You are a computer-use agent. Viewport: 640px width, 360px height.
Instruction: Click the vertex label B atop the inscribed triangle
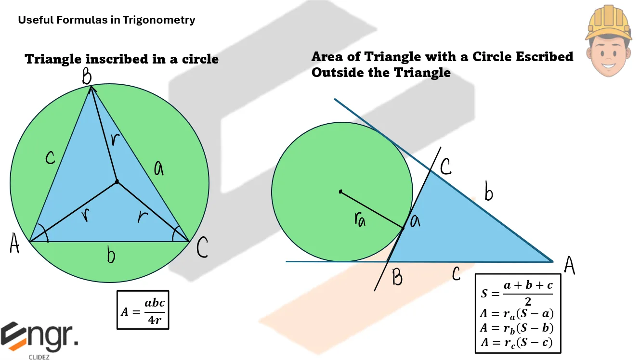(x=87, y=76)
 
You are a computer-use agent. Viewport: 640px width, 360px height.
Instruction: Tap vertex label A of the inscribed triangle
(x=15, y=243)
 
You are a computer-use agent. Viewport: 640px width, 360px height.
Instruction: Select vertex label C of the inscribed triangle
(x=202, y=247)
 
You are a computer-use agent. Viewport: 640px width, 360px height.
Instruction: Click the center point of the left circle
(x=117, y=181)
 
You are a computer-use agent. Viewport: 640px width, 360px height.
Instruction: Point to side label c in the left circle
(x=50, y=157)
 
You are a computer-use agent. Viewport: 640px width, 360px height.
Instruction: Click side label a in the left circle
(x=158, y=168)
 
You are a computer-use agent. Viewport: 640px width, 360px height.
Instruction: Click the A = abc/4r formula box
(x=143, y=310)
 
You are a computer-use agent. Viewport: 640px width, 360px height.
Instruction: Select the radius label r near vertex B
(x=115, y=140)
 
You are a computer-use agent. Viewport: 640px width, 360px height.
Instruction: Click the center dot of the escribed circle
(x=340, y=192)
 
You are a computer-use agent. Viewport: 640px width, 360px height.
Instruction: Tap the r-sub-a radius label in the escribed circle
(x=360, y=219)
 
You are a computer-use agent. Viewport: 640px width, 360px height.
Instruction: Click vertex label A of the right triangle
(x=569, y=265)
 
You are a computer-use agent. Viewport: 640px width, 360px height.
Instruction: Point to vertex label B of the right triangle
(x=397, y=277)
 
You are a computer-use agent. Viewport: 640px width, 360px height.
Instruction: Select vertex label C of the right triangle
(x=446, y=167)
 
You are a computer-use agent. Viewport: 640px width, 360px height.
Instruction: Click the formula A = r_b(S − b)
(x=517, y=328)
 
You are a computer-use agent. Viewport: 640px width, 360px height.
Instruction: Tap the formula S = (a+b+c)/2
(x=517, y=293)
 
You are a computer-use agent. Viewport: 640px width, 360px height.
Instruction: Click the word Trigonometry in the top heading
(x=159, y=20)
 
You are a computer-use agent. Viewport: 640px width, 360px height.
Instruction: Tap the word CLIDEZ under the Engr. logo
(x=39, y=357)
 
